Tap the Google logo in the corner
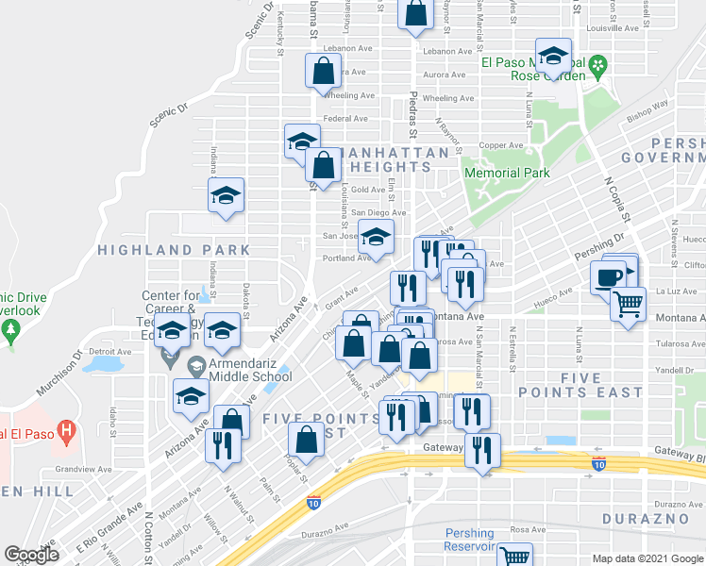31,554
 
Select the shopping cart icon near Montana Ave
628,304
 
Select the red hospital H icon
65,433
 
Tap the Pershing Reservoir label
470,540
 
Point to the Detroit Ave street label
105,351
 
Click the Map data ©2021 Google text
647,558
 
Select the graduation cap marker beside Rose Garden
554,56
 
